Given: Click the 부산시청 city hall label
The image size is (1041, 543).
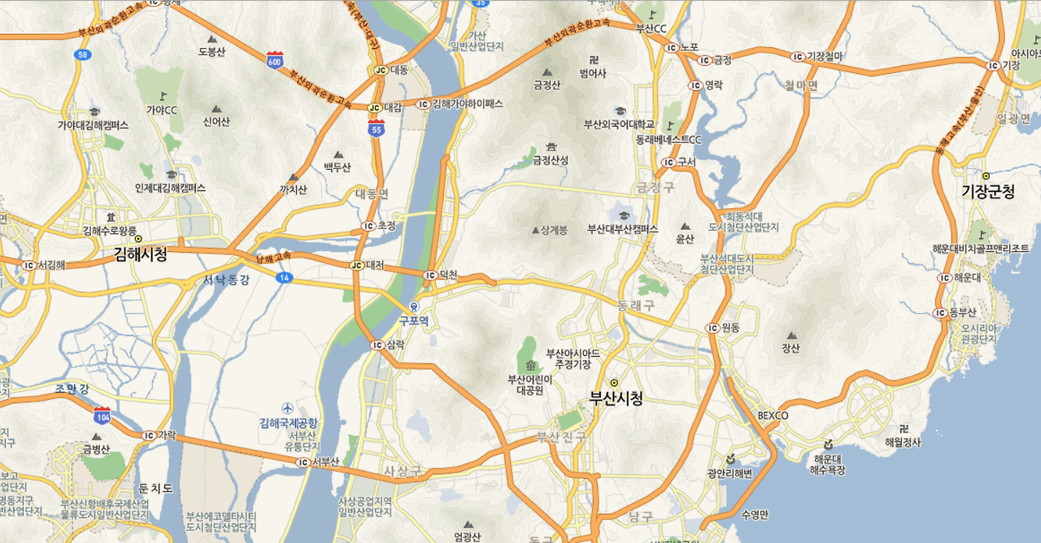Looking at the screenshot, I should point(616,398).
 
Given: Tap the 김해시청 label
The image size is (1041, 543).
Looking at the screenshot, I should point(141,254).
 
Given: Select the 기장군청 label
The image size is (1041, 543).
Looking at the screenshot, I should point(988,192).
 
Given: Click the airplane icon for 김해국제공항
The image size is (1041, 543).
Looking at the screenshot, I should point(287,408).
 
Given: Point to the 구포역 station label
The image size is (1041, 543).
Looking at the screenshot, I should point(413,320).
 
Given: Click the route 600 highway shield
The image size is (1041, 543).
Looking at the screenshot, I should point(274,59).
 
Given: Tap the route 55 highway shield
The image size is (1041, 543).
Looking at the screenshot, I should point(376,128).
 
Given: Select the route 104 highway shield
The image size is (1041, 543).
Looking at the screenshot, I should point(102,414).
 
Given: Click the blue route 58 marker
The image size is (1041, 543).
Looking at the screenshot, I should point(82,54).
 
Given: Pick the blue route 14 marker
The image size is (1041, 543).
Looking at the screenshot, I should point(283,278).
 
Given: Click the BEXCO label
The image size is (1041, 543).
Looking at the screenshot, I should point(773,415).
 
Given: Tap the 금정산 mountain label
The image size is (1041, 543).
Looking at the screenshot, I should point(547,84).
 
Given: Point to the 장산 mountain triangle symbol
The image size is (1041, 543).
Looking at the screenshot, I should point(791,335).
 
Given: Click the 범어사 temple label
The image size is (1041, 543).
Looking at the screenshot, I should point(593,73).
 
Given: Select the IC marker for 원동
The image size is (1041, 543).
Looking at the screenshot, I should point(712,328).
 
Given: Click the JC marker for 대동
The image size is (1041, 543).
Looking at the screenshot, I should point(380,70).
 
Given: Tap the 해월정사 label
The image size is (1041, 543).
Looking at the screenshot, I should point(902,442).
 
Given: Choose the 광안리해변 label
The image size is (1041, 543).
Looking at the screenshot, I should point(730,473).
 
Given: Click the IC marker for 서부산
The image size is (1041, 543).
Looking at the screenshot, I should point(302,462).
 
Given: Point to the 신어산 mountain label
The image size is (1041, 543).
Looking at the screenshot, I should point(216,122).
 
